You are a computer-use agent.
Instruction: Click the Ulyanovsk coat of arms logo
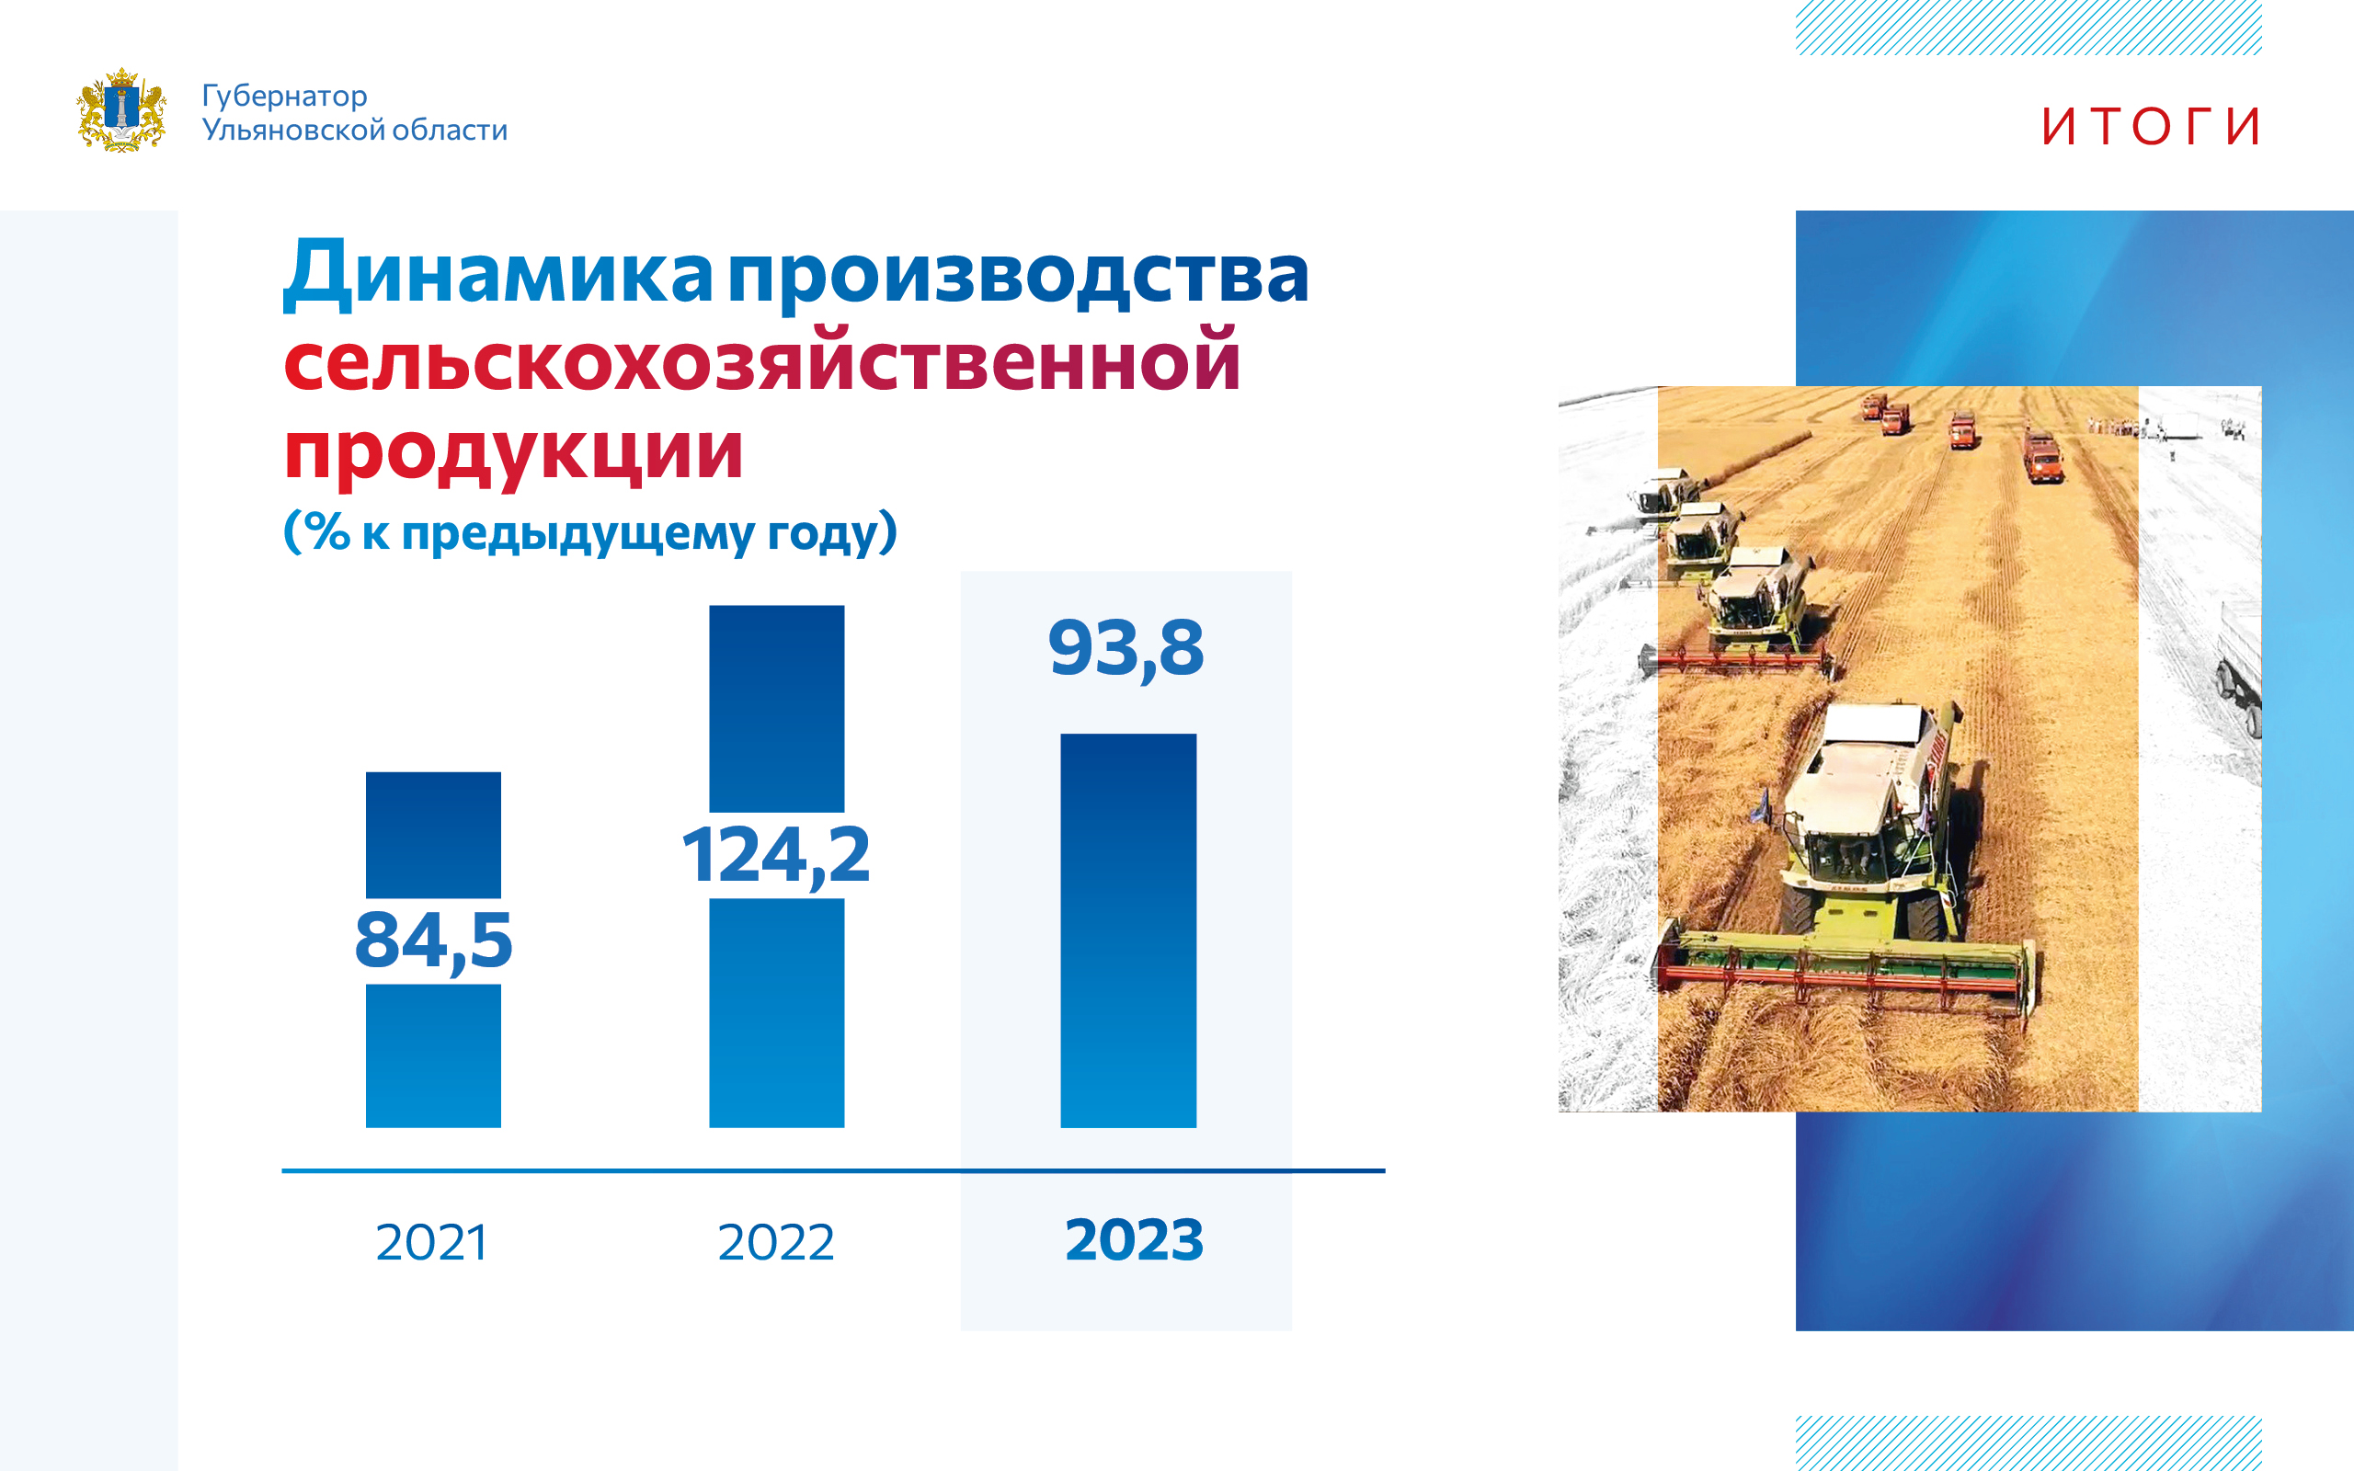click(x=120, y=110)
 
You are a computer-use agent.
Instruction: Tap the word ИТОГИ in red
click(x=2151, y=127)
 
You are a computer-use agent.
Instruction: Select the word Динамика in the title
click(x=498, y=273)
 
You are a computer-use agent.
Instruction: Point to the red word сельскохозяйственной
click(x=761, y=361)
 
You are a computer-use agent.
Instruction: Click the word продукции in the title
click(x=514, y=452)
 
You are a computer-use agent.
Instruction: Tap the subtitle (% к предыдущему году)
click(x=589, y=532)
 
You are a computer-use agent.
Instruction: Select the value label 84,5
click(x=433, y=941)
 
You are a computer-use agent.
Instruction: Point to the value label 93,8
click(x=1126, y=649)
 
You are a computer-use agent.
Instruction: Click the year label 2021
click(x=432, y=1242)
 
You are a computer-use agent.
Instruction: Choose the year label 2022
click(x=775, y=1242)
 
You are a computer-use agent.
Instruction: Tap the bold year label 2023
click(x=1134, y=1239)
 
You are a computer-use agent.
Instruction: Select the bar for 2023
click(x=1128, y=931)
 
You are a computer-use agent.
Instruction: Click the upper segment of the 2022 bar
click(x=776, y=708)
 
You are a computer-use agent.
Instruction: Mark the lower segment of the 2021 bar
click(x=433, y=1055)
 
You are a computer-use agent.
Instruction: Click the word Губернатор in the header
click(x=284, y=97)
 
